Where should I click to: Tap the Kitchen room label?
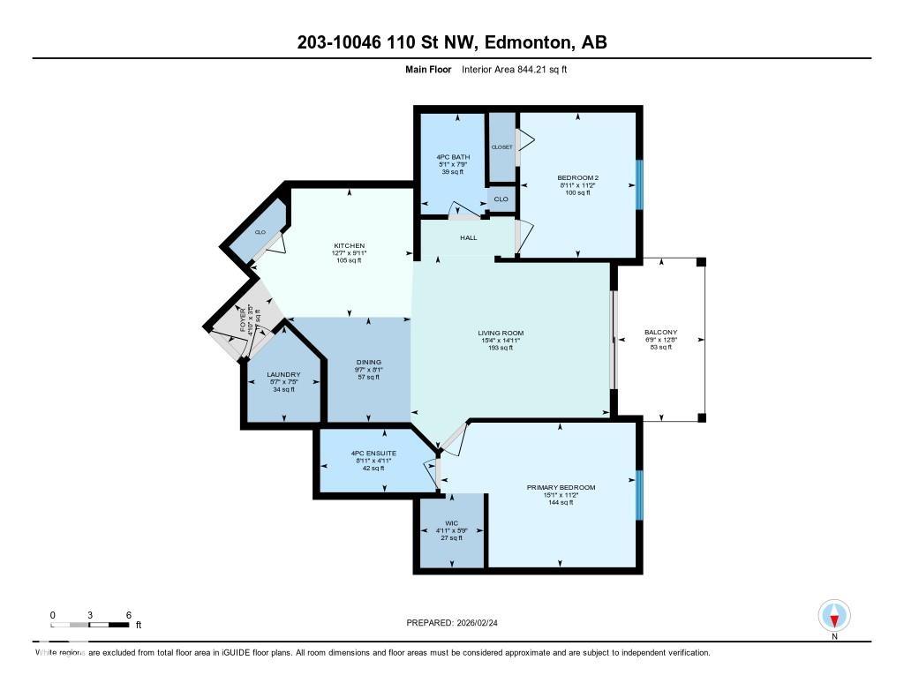tap(349, 246)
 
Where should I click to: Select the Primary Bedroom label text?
tap(561, 487)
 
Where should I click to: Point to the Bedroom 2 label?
tap(578, 176)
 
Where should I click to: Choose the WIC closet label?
tap(450, 522)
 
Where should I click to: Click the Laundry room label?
tap(283, 374)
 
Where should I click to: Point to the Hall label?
tap(468, 237)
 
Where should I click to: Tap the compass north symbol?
tap(834, 615)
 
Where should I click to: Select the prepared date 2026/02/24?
tap(482, 622)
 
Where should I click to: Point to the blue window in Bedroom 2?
tap(639, 184)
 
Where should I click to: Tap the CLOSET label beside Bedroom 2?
tap(501, 147)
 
